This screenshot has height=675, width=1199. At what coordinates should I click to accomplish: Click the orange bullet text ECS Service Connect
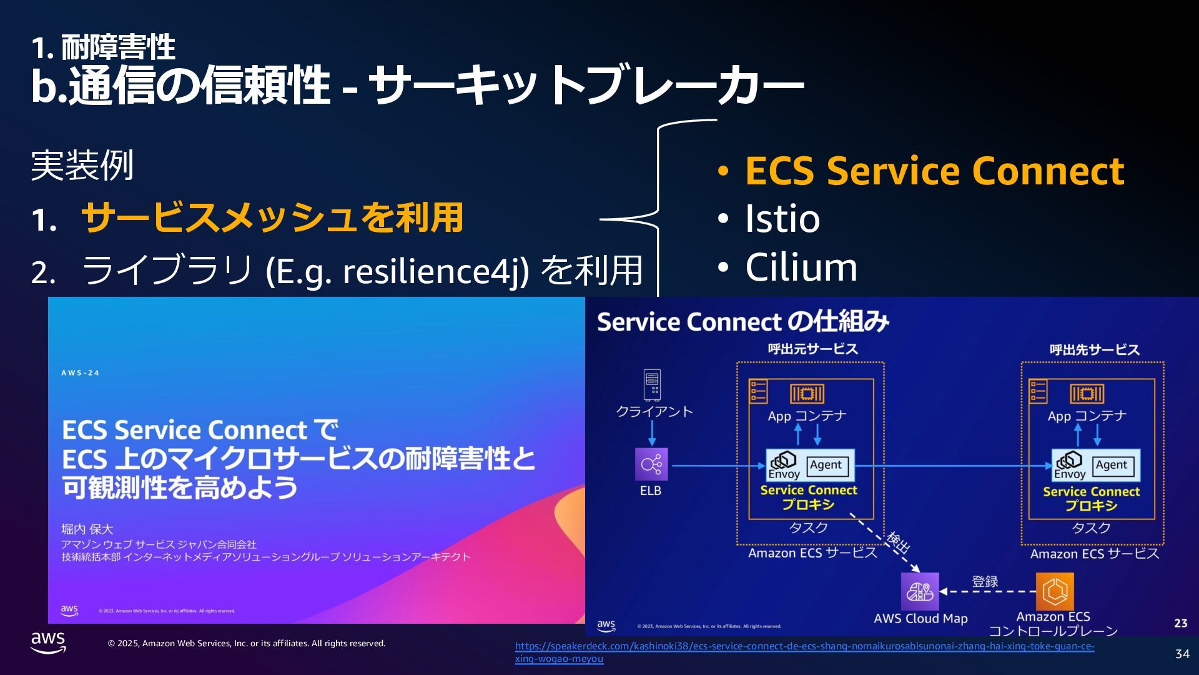[x=934, y=171]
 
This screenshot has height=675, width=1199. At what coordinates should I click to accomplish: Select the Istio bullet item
[x=782, y=219]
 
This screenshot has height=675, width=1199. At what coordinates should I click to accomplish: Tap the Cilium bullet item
[x=801, y=267]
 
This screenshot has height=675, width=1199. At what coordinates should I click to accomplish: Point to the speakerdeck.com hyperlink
[x=804, y=652]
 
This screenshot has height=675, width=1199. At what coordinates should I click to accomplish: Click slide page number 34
[x=1182, y=654]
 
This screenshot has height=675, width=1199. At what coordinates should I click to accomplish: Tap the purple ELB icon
[x=651, y=464]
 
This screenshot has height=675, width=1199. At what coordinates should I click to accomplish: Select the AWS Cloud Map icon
[x=919, y=591]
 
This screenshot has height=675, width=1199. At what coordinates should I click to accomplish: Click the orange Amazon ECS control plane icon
[x=1055, y=591]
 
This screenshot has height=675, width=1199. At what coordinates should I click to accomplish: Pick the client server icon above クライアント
[x=652, y=385]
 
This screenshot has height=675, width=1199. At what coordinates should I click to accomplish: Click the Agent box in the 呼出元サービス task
[x=826, y=465]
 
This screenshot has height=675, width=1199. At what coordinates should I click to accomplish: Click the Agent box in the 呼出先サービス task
[x=1111, y=465]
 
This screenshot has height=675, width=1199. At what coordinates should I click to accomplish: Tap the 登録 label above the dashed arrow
[x=985, y=581]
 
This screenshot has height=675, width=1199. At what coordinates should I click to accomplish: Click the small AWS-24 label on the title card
[x=81, y=373]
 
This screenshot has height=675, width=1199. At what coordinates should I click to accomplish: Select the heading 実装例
[x=82, y=166]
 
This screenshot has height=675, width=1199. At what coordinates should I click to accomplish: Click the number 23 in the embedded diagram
[x=1180, y=623]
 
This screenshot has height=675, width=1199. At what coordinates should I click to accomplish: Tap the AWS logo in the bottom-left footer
[x=48, y=642]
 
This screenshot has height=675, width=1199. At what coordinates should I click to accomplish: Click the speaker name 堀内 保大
[x=87, y=529]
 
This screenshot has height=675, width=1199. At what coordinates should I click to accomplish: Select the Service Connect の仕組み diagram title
[x=743, y=322]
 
